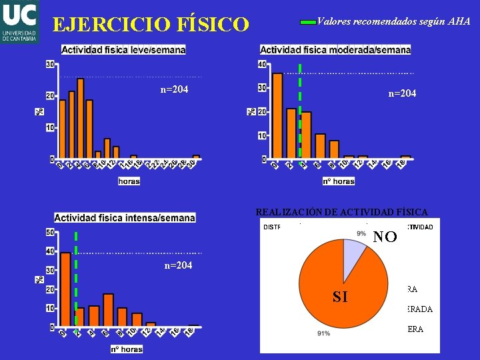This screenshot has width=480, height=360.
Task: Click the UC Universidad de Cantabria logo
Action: [x=20, y=21]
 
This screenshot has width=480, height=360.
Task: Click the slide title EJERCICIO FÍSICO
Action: [x=151, y=25]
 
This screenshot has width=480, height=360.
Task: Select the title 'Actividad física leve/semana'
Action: [x=124, y=50]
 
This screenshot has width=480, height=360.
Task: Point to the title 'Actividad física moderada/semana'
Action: [x=335, y=50]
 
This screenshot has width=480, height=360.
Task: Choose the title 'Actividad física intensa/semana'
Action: [x=125, y=217]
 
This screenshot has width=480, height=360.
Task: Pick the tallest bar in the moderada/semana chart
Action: [x=278, y=116]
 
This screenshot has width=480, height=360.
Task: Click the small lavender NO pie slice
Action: [x=353, y=253]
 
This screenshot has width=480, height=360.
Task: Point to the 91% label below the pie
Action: [x=324, y=333]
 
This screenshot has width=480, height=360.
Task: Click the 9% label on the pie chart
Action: [x=361, y=233]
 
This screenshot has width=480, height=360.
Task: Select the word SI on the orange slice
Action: [x=340, y=297]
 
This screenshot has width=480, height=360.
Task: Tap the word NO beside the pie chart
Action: [x=385, y=237]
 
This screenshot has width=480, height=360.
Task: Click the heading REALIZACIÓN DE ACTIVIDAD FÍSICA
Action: [x=342, y=212]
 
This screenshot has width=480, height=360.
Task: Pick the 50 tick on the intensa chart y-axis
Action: [x=50, y=233]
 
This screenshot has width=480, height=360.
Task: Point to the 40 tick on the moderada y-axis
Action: [x=261, y=64]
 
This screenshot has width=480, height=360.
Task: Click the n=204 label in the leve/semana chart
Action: [x=175, y=89]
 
